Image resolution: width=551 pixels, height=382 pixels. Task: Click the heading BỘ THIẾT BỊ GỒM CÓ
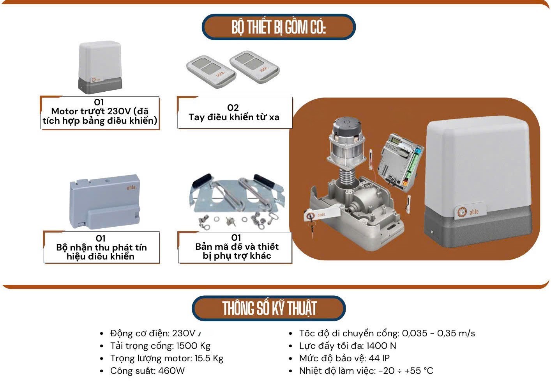[278, 27]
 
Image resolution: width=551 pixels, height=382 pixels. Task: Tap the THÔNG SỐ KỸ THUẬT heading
[269, 308]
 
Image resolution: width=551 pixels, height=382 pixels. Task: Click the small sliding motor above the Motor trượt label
[100, 67]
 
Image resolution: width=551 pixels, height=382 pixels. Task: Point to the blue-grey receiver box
[104, 202]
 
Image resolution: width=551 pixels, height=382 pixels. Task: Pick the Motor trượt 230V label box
[100, 112]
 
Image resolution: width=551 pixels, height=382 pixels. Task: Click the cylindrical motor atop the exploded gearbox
[346, 143]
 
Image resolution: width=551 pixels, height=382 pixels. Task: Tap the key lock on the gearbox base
[310, 216]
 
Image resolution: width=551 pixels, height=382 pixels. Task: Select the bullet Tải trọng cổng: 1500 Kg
[160, 346]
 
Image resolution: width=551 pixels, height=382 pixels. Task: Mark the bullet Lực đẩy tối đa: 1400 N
[347, 346]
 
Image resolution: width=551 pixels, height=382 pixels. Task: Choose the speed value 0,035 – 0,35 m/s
[438, 334]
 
